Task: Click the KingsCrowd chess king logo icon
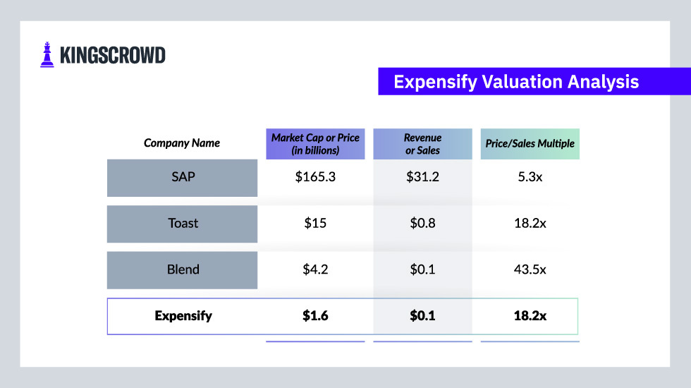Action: click(47, 55)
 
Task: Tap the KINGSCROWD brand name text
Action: click(113, 55)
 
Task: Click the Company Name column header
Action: click(182, 143)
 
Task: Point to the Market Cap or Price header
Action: click(315, 144)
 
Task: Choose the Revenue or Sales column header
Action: click(422, 144)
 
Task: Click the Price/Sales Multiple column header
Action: click(530, 144)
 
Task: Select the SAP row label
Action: click(183, 177)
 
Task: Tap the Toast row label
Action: click(183, 224)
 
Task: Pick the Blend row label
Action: click(183, 269)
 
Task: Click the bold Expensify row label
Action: click(183, 316)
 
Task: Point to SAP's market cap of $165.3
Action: click(315, 177)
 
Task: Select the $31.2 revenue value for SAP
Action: click(422, 177)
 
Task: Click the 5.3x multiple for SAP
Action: click(530, 177)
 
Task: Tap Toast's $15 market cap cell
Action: click(315, 224)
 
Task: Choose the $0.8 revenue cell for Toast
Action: click(422, 224)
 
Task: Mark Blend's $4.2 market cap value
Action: click(315, 269)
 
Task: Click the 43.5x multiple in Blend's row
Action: click(530, 269)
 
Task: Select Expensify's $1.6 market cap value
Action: click(315, 316)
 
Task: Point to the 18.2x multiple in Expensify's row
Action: click(530, 316)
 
